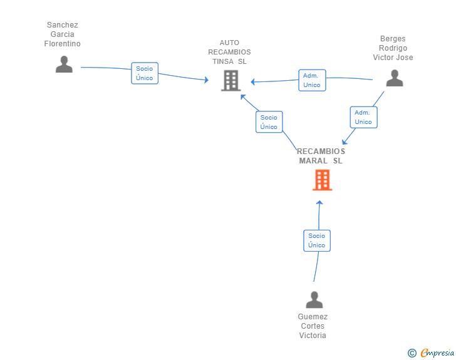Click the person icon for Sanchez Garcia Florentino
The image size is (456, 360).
[x=64, y=64]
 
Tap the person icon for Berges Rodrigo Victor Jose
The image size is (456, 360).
[x=395, y=78]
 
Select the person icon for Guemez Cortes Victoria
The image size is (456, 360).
[x=314, y=299]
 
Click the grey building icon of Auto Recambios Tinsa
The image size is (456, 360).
[x=231, y=81]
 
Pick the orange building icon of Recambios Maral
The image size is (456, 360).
[x=322, y=180]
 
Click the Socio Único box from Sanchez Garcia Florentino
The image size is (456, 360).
[x=145, y=73]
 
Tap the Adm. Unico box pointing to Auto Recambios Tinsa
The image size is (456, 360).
[x=312, y=80]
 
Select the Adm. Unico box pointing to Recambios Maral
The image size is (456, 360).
[x=363, y=117]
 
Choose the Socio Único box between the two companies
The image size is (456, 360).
[x=269, y=122]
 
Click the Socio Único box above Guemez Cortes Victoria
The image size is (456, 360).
[x=317, y=240]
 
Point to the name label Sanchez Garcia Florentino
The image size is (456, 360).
[x=62, y=34]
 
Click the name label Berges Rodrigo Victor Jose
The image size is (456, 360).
[x=393, y=48]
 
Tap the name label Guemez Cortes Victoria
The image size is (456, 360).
[x=313, y=326]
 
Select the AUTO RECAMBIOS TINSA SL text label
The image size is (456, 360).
[x=229, y=52]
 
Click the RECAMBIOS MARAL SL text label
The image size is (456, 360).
[x=321, y=156]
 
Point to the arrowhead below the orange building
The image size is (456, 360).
[x=319, y=203]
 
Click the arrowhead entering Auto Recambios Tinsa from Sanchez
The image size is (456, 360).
[x=207, y=80]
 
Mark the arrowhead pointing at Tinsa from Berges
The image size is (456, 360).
[x=252, y=82]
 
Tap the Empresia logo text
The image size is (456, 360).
[x=437, y=352]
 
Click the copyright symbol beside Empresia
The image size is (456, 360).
[x=412, y=353]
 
